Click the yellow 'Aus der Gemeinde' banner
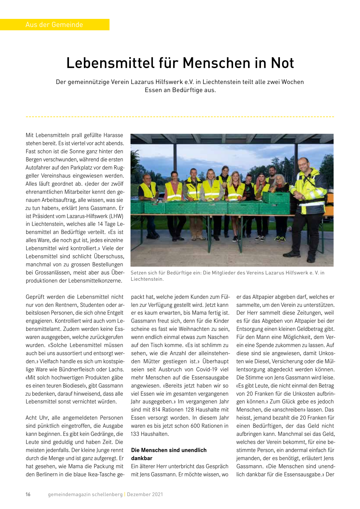54,25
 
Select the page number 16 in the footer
28,494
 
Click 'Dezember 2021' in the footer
145,494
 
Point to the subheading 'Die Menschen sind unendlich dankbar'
169,454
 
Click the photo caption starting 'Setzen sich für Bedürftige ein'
227,276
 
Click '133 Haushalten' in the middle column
150,434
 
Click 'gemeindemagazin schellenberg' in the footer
85,494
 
